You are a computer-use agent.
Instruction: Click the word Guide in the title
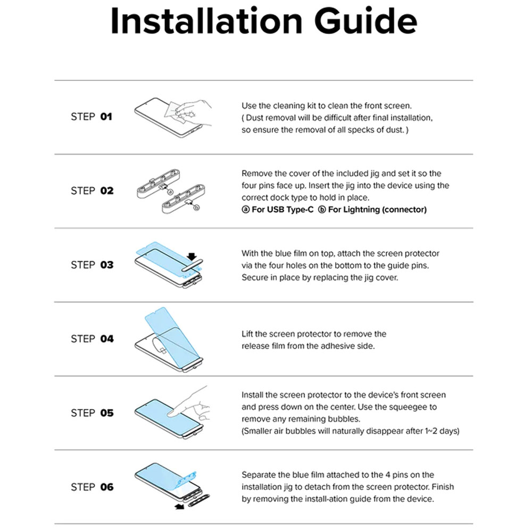coord(365,22)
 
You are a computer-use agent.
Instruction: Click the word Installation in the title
coord(206,21)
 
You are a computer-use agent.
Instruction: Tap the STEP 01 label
coord(92,117)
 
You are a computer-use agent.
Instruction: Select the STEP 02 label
coord(92,190)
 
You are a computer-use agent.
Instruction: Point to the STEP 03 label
coord(92,264)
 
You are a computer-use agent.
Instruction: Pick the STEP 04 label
coord(92,338)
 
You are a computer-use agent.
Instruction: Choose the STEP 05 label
coord(92,413)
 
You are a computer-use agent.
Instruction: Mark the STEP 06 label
coord(92,487)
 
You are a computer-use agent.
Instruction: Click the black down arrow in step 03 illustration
coord(192,256)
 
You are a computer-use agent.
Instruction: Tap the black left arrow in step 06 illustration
coord(179,506)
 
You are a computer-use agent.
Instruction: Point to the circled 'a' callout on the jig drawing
coord(171,193)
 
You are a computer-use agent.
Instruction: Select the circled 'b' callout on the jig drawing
coord(196,207)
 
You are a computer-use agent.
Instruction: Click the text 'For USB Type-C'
coord(282,210)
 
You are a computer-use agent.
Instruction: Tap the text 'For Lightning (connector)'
coord(377,210)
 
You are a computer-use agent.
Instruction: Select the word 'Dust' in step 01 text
coord(254,118)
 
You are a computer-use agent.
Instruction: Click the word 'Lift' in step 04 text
coord(247,334)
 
